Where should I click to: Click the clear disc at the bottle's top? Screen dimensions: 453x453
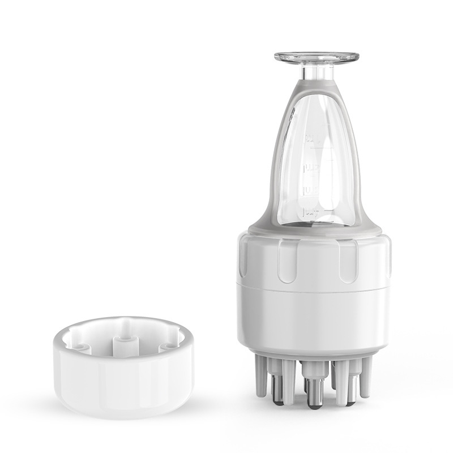pos(317,58)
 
